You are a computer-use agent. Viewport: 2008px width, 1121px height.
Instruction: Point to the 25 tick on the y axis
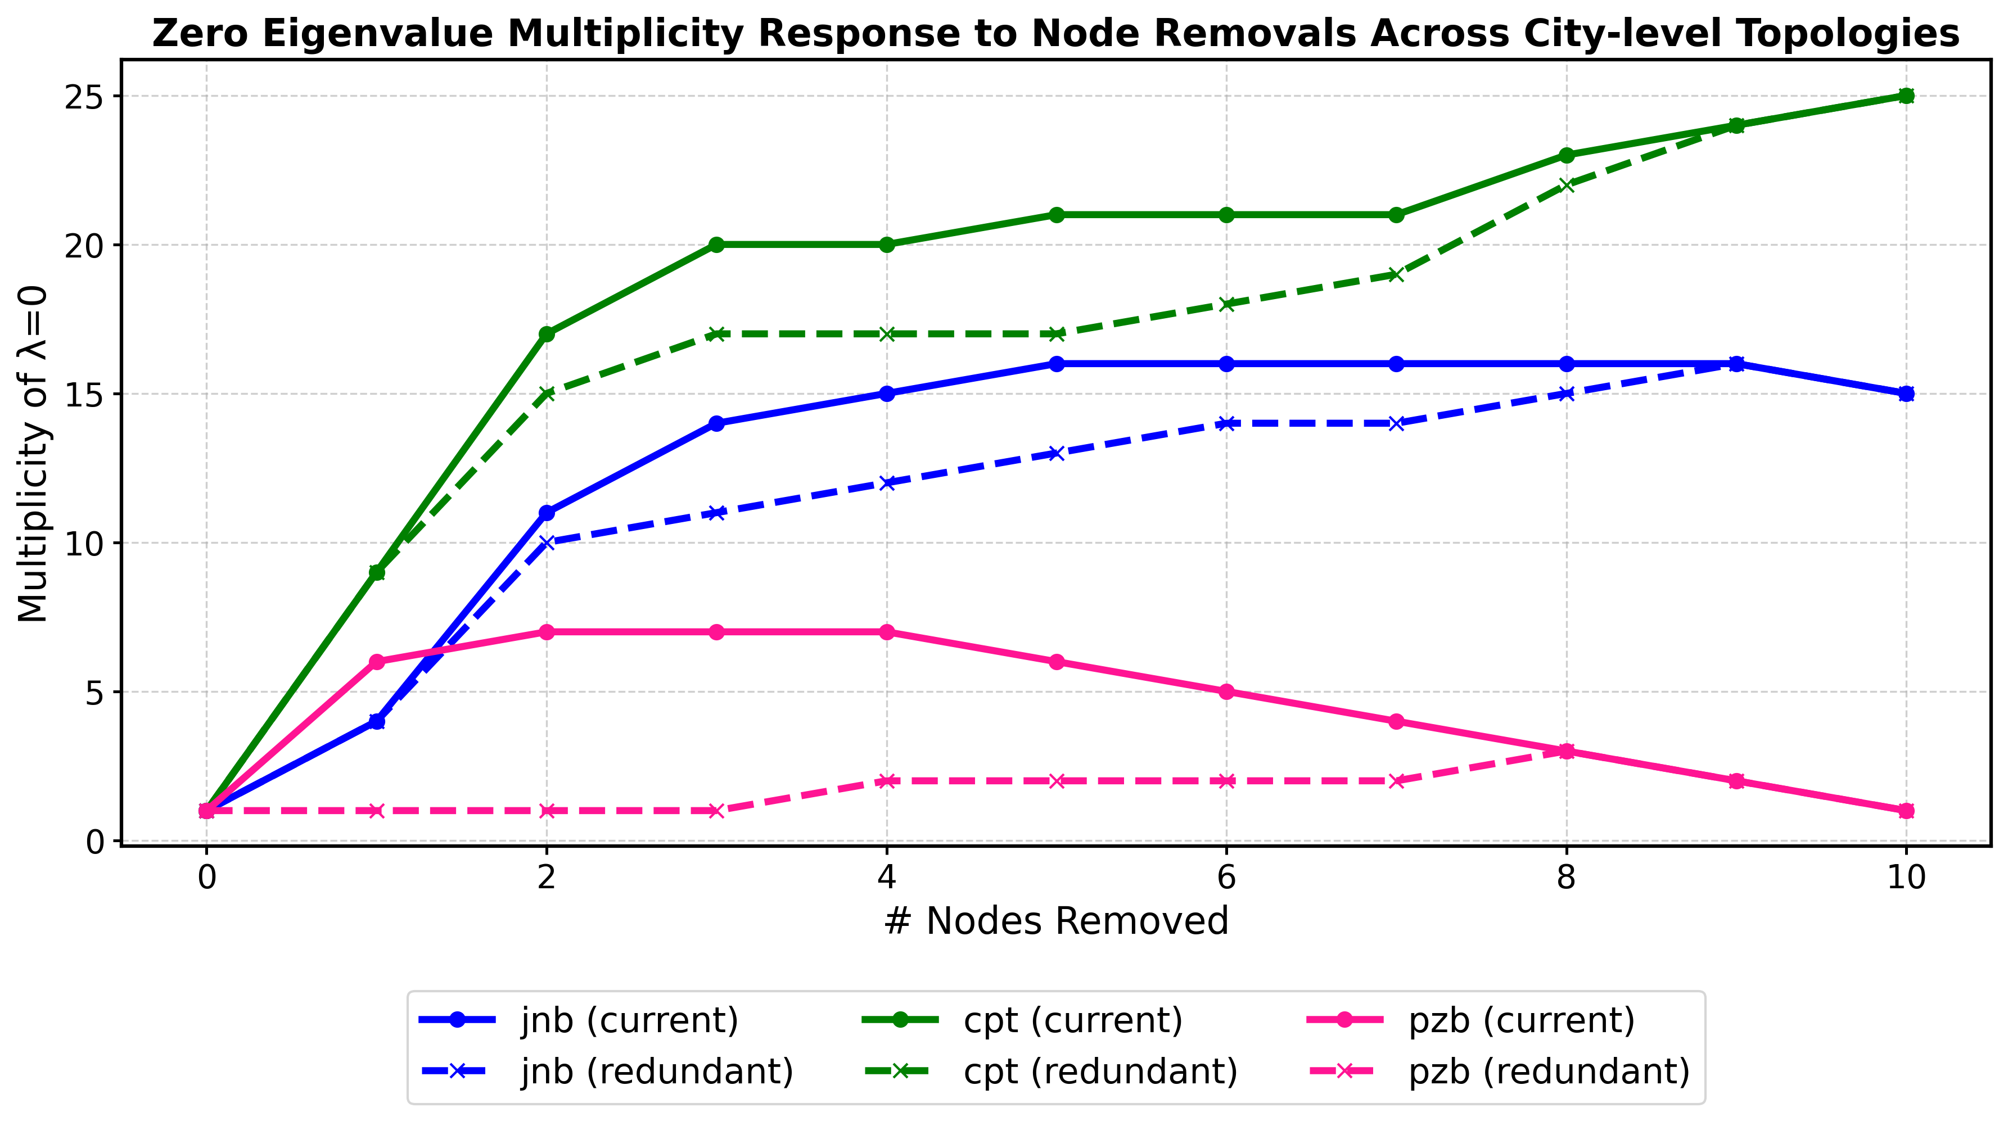click(x=85, y=96)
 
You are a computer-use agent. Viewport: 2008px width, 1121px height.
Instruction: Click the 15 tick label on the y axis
click(x=85, y=394)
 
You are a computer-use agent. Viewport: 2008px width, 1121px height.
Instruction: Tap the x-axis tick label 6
click(x=1226, y=878)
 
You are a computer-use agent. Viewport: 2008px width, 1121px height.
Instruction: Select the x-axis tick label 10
click(x=1906, y=878)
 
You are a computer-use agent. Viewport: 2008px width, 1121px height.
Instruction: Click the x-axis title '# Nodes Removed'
click(x=1056, y=921)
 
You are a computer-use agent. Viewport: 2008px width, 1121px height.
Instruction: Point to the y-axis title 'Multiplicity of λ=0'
click(x=33, y=454)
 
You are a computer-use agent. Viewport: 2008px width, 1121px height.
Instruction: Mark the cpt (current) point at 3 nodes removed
click(x=716, y=245)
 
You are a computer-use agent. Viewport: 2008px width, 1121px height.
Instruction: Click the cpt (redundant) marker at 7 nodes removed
click(x=1396, y=274)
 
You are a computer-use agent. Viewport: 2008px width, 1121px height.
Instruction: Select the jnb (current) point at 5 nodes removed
click(x=1056, y=364)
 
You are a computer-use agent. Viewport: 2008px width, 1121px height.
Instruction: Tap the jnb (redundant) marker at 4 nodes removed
click(x=886, y=483)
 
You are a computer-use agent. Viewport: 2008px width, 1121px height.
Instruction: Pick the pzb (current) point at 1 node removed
click(x=377, y=662)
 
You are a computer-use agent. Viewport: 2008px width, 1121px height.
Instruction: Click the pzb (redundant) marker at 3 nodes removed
click(x=716, y=811)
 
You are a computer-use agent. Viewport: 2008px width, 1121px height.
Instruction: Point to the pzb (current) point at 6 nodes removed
click(x=1226, y=691)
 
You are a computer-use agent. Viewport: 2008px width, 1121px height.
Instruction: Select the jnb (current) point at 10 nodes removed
click(x=1906, y=394)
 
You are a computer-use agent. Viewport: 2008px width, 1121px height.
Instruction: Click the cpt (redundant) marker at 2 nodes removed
click(x=547, y=394)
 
